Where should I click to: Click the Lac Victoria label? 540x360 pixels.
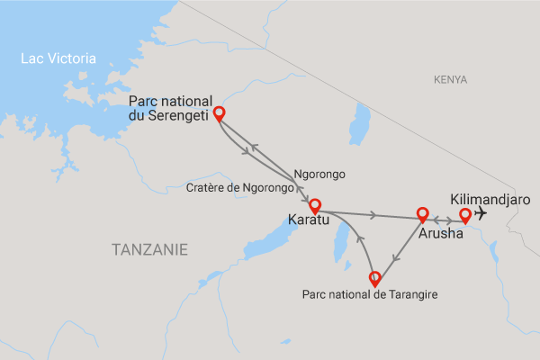pos(58,58)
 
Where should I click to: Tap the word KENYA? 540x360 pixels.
pos(450,80)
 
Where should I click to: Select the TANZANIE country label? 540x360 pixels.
pos(150,249)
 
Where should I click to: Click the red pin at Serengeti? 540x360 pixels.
pos(218,114)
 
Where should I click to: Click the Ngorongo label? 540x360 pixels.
pos(319,174)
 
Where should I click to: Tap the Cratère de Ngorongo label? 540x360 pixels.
pos(240,188)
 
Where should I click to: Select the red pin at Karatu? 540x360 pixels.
pos(315,206)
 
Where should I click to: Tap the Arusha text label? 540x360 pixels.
pos(441,233)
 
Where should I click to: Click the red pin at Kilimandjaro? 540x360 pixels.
pos(464,215)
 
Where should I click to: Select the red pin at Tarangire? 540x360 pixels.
pos(375,278)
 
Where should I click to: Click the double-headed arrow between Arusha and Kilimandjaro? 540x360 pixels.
pos(443,219)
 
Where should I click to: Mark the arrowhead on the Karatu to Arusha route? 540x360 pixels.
pos(372,215)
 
